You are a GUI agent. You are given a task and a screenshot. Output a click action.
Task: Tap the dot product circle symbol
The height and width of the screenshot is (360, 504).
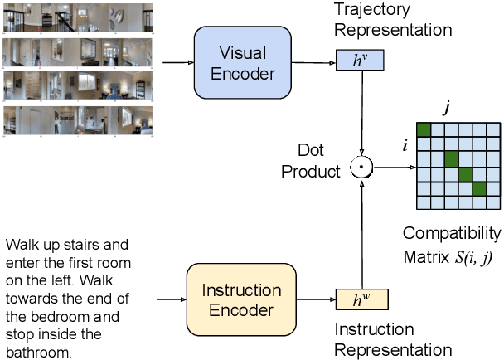coord(361,168)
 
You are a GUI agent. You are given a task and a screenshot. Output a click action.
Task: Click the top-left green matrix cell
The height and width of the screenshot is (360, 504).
coord(424,129)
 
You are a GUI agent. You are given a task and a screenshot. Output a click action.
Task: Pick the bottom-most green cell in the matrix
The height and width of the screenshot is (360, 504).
coord(480,189)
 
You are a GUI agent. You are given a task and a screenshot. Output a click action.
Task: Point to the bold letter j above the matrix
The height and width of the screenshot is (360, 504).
coord(447,105)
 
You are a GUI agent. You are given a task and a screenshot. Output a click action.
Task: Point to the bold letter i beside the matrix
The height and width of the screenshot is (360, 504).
coord(405,144)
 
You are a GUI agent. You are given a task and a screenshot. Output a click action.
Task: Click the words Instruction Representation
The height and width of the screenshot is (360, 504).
coord(393,339)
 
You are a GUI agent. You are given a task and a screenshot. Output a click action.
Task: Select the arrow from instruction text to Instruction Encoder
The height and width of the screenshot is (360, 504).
coord(170,299)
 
